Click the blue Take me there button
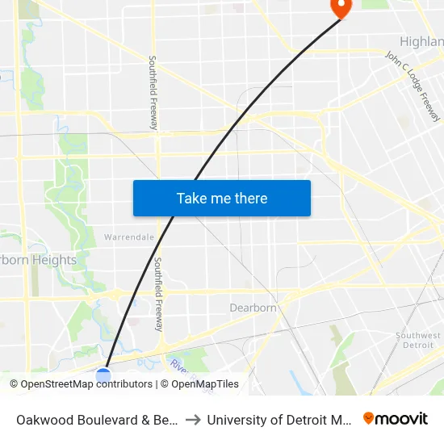pos(222,198)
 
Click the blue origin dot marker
pos(103,375)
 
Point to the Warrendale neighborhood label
pos(129,237)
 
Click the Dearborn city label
pos(253,308)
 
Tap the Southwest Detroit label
pos(418,340)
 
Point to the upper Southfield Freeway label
pos(153,93)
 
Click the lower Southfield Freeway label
pos(159,295)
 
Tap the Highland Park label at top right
pos(422,41)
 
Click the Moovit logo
pos(395,419)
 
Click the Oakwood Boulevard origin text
pos(97,420)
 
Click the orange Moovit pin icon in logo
pos(369,418)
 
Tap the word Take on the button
pos(191,198)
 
